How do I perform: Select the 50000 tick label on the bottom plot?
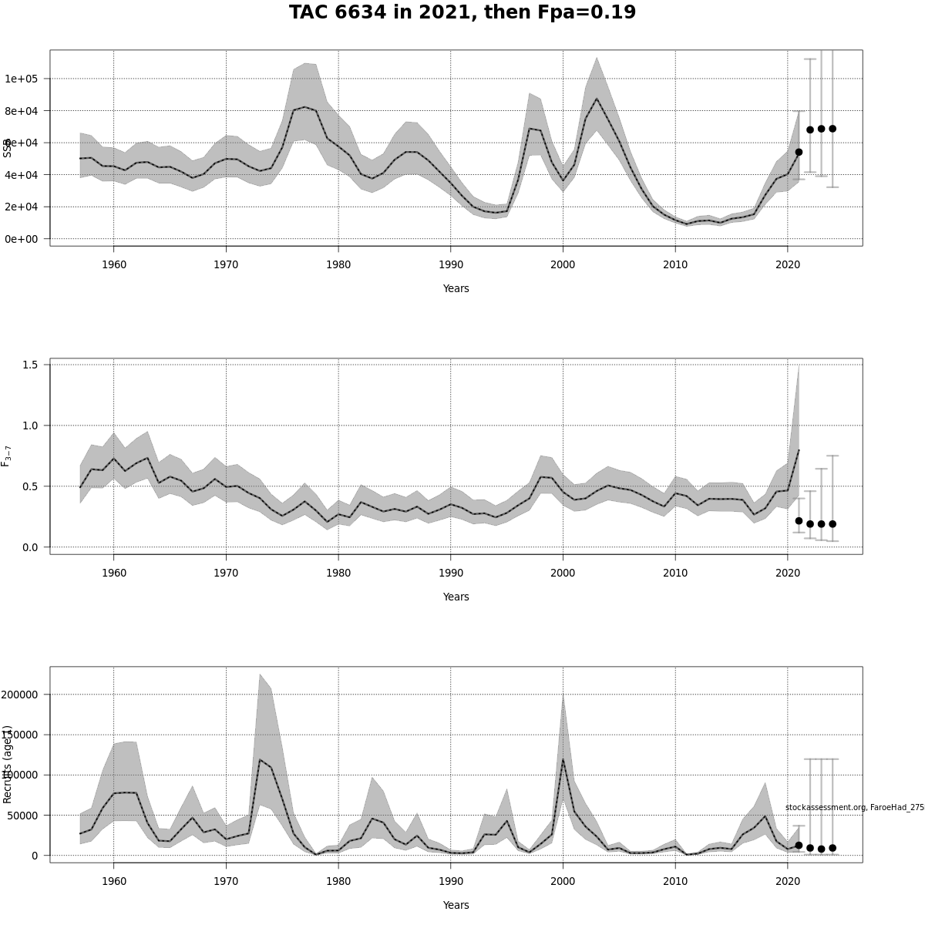tap(24, 816)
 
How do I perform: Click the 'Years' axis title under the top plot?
tap(456, 289)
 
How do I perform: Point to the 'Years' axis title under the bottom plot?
tap(456, 905)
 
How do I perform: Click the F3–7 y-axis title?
tap(6, 456)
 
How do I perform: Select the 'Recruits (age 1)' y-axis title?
tap(7, 764)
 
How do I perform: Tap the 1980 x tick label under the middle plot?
tap(338, 573)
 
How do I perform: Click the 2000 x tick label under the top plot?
tap(563, 265)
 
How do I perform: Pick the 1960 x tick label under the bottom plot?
tap(114, 881)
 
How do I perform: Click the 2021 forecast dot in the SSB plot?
tap(799, 153)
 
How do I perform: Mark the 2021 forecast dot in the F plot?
tap(799, 521)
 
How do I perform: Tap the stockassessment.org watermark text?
tap(854, 808)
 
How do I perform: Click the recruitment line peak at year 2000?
tap(563, 760)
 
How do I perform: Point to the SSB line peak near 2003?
tap(596, 99)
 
